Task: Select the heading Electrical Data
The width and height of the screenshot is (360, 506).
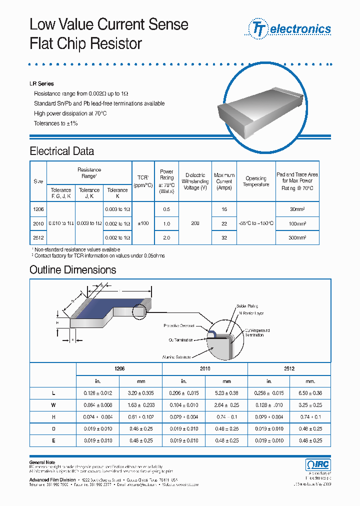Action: tap(61, 151)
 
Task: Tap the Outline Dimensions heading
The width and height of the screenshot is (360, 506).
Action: tap(72, 270)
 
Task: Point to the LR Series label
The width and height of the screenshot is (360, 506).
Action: tap(41, 83)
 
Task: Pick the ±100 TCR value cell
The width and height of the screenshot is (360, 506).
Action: tap(142, 223)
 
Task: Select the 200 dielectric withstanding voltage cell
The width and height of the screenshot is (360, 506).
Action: tap(195, 223)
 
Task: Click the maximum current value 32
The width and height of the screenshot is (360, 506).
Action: tap(224, 238)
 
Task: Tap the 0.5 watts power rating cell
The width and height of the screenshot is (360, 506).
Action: tap(166, 209)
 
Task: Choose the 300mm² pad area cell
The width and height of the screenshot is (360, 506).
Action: tap(297, 238)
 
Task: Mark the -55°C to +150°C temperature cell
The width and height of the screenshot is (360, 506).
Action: tap(256, 223)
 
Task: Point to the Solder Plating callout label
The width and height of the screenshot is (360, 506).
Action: tap(248, 305)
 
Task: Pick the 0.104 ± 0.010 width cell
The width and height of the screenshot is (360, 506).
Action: tap(183, 405)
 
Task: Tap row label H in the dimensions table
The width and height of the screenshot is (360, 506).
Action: tap(53, 417)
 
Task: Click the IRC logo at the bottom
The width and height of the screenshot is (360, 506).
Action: tap(317, 464)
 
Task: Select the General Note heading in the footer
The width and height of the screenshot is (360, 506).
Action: tap(42, 462)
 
